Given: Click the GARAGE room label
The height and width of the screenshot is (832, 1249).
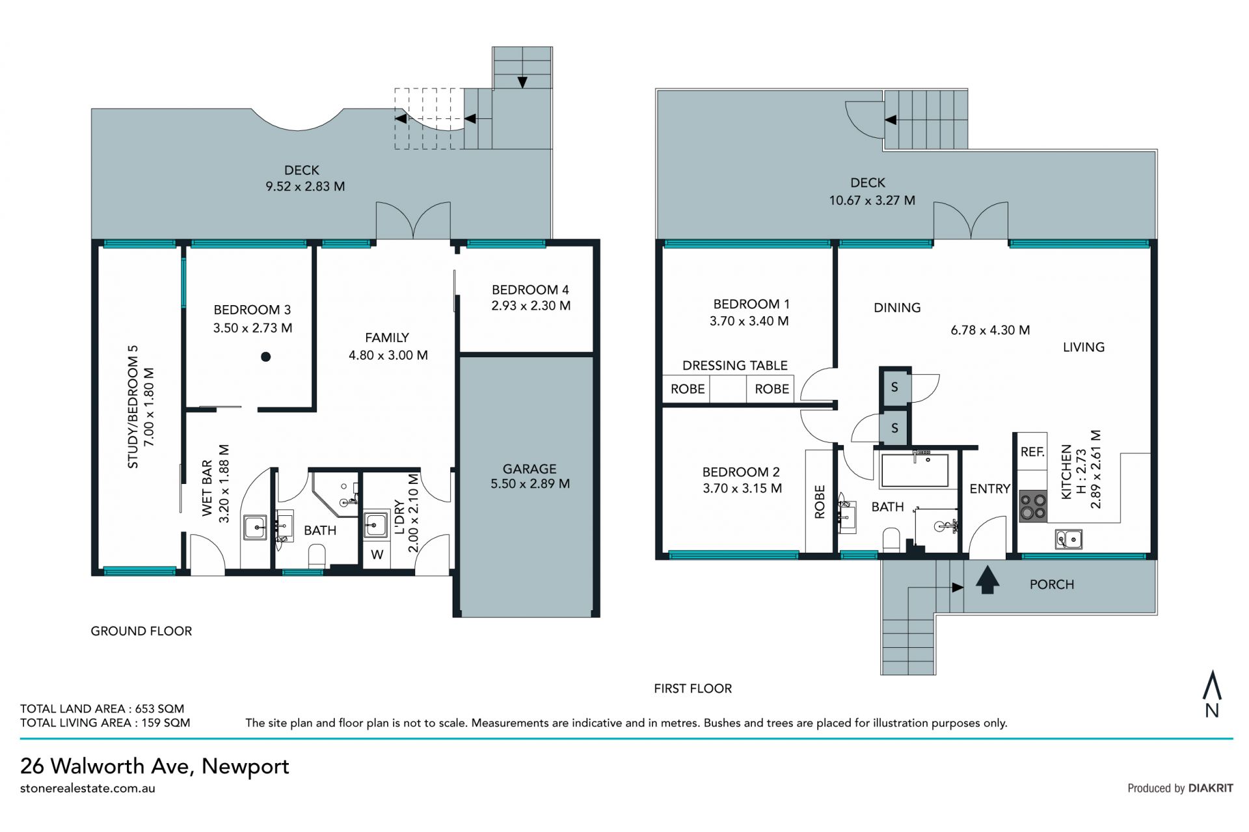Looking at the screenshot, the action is (x=530, y=468).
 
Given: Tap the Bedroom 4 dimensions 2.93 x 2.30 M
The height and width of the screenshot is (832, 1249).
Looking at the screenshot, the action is (x=531, y=306).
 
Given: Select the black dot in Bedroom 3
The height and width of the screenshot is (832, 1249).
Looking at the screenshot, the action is (x=265, y=356).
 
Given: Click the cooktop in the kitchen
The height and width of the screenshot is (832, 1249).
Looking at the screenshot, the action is (x=1032, y=506).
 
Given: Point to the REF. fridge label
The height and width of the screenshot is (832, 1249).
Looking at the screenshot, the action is (x=1032, y=451).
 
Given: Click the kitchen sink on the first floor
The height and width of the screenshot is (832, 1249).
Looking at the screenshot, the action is (x=1068, y=539).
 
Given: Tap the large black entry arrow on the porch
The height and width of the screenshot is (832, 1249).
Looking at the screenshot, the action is (x=987, y=580).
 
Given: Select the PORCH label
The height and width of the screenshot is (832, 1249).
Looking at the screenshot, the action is (x=1051, y=584).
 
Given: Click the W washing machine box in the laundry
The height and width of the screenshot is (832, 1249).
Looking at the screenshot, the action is (x=377, y=555).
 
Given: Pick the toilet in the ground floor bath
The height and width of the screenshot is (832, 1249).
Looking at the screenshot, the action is (x=317, y=556).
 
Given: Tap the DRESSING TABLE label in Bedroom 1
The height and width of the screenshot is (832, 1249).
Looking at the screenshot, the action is (x=734, y=366).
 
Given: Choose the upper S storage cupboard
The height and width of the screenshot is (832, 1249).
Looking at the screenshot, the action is (x=894, y=387).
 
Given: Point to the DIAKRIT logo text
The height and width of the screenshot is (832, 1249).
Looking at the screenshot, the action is (x=1211, y=788).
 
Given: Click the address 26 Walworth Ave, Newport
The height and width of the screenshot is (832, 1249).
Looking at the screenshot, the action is (x=155, y=766).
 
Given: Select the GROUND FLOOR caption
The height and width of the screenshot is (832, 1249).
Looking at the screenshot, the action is (x=141, y=631).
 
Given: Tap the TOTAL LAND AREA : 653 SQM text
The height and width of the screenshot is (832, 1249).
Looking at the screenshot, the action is (x=102, y=708).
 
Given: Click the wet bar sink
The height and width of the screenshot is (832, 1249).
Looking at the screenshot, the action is (x=255, y=527).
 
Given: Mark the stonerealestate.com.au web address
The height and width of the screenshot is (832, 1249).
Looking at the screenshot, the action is (x=88, y=788).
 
